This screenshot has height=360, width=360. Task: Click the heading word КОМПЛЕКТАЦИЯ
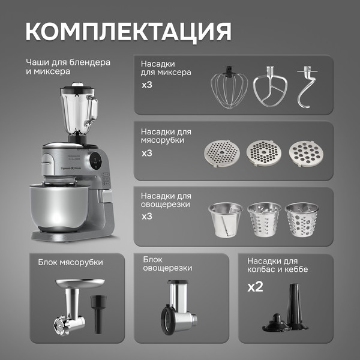tap(128, 31)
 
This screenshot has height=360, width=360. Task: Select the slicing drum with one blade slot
tap(225, 220)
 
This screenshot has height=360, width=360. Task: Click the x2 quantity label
tap(256, 287)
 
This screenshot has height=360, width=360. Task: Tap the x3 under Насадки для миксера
tap(148, 85)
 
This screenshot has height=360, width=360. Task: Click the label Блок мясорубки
tap(70, 262)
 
